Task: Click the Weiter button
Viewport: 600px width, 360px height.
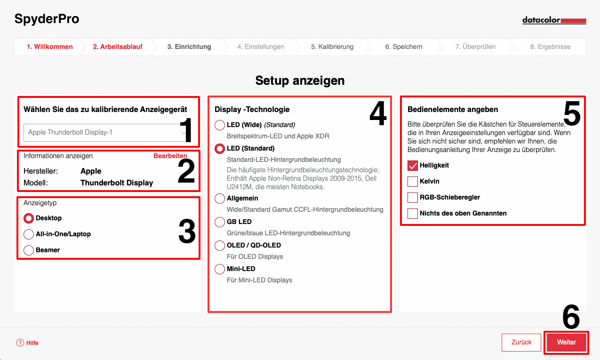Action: (566, 342)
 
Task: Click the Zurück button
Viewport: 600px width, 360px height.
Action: (521, 342)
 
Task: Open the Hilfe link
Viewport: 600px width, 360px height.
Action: (28, 343)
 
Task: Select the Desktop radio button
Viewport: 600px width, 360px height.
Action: (29, 218)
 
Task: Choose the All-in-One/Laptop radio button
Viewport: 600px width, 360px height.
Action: (29, 234)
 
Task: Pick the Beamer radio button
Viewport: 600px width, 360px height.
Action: (29, 250)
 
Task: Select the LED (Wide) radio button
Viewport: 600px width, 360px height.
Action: (220, 125)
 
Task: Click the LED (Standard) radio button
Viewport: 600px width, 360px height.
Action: (220, 149)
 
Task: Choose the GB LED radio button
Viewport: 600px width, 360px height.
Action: (220, 222)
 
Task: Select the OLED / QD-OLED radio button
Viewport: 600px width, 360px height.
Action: (220, 246)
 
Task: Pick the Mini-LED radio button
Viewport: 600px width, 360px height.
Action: (220, 269)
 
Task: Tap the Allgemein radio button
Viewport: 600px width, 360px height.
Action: (220, 199)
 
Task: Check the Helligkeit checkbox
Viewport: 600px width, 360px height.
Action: (413, 166)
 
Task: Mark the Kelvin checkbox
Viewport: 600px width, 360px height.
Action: (413, 182)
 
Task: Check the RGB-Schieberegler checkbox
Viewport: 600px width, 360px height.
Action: (413, 198)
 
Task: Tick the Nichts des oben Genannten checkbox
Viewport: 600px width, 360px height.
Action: (413, 214)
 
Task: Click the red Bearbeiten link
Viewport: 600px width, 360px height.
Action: (170, 156)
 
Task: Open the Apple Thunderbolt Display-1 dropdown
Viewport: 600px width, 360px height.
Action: (107, 133)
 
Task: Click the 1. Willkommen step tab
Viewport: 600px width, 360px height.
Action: (49, 47)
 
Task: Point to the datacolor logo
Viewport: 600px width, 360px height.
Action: (554, 21)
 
